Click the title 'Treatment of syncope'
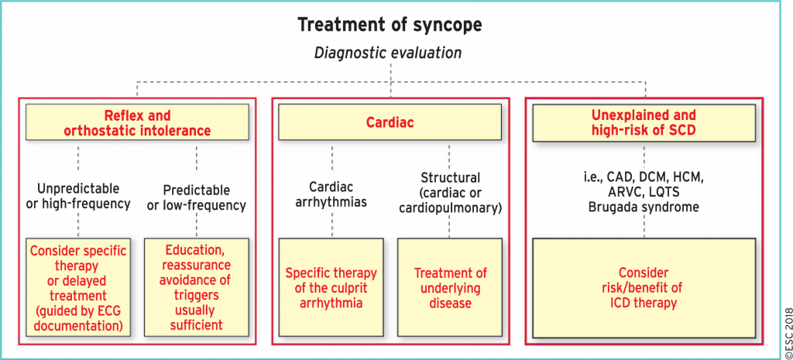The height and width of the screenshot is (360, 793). (x=390, y=25)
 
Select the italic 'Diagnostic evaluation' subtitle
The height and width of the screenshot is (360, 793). (x=390, y=53)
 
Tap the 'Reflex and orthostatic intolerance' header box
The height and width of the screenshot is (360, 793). (x=136, y=122)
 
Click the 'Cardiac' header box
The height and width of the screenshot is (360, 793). (x=390, y=122)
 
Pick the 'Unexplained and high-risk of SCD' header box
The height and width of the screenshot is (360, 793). (x=644, y=122)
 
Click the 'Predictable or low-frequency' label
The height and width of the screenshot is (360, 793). (x=196, y=197)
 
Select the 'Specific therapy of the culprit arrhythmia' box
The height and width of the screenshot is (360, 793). (x=331, y=288)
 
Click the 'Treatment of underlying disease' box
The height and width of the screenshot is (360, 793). (x=449, y=288)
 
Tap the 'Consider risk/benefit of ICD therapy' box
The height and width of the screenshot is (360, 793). (x=644, y=288)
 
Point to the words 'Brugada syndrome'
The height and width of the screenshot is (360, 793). (x=644, y=207)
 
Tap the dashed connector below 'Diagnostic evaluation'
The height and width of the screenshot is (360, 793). (x=390, y=71)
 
